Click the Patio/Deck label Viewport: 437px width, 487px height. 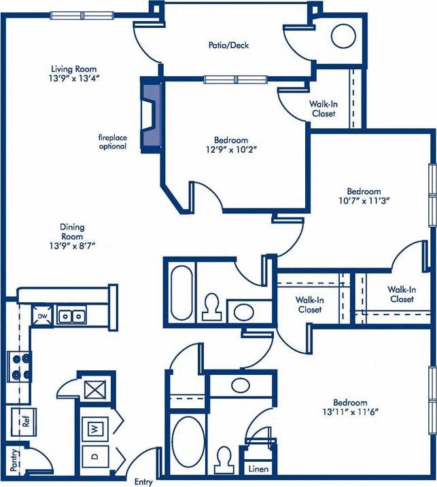point(228,46)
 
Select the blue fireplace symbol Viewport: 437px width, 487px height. point(150,114)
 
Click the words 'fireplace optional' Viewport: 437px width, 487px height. point(111,141)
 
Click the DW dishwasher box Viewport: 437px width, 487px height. point(42,317)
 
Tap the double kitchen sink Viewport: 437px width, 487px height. point(71,316)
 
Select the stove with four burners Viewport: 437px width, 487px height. point(20,367)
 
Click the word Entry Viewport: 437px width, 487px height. point(143,482)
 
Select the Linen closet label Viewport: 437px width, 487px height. point(258,469)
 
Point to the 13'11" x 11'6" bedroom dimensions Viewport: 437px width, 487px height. point(350,412)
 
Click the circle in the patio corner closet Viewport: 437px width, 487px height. point(343,37)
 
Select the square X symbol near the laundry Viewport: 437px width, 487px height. point(92,390)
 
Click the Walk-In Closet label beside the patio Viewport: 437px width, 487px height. point(324,109)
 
